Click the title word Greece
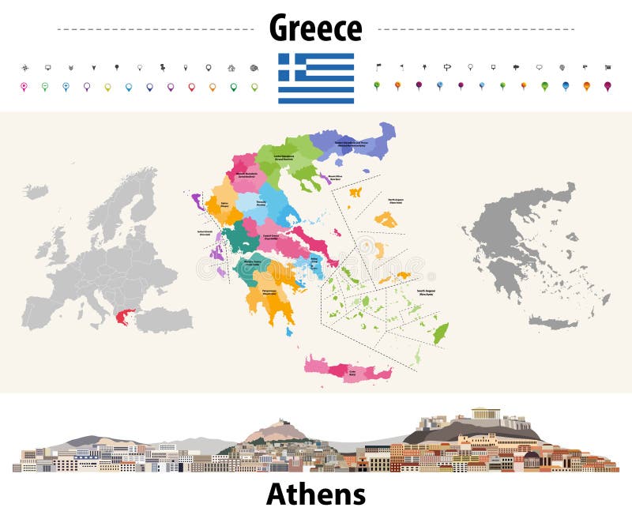click(315, 28)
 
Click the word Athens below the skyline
click(315, 494)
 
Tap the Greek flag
click(315, 78)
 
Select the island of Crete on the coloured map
click(348, 369)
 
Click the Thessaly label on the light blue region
click(261, 203)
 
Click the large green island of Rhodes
click(440, 333)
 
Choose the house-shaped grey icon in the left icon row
click(231, 68)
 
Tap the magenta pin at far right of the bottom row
click(607, 86)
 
